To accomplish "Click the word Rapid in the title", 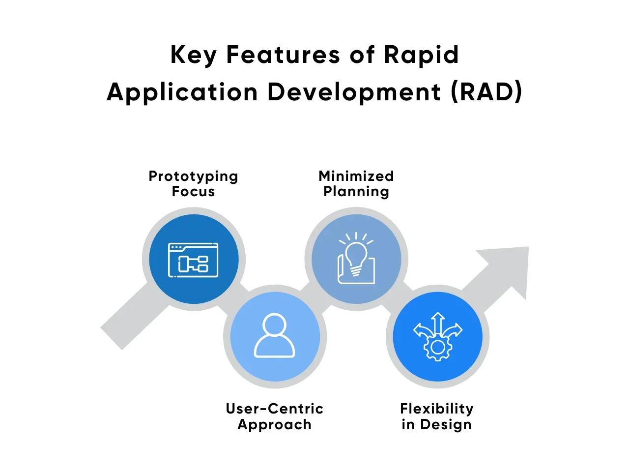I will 421,55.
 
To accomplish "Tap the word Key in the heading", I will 193,55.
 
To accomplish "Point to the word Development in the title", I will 354,92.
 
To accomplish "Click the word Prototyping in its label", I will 193,176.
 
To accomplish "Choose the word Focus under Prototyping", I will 193,191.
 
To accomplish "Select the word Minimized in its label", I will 356,176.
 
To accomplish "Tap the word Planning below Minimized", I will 356,191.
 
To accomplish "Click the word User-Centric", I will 274,409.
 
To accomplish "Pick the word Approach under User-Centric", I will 274,424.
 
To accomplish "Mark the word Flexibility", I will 436,409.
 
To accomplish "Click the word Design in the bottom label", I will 446,424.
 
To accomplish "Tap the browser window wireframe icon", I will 193,260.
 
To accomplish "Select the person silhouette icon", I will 274,336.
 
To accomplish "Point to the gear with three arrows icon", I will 437,337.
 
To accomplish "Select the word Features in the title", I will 283,55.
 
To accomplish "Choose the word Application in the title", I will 182,92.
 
